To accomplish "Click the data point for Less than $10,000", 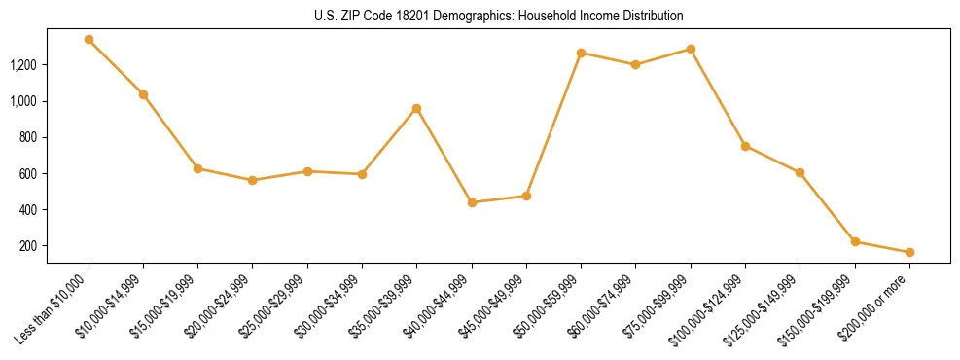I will (89, 40).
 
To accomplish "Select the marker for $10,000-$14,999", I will (143, 94).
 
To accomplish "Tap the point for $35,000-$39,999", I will (416, 108).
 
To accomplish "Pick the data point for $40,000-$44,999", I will (472, 202).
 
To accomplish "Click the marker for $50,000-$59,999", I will (581, 53).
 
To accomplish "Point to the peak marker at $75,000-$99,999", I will (691, 49).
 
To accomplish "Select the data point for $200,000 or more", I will (909, 252).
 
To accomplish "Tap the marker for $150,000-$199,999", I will (855, 241).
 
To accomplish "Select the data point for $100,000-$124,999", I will (745, 146).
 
